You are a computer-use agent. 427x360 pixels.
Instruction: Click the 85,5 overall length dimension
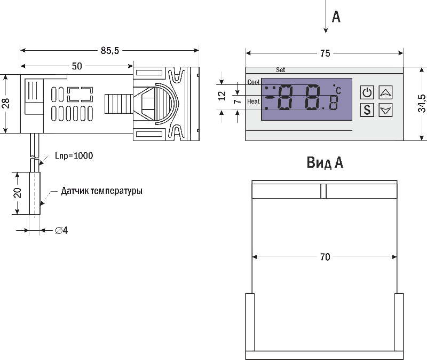[109, 51]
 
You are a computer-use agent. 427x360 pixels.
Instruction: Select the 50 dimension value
[77, 66]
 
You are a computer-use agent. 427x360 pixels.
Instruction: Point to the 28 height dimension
[6, 103]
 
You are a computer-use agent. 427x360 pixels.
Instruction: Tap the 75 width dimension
[325, 53]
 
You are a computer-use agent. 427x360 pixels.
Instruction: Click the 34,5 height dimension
[421, 104]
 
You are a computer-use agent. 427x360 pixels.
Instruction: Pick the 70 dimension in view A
[325, 257]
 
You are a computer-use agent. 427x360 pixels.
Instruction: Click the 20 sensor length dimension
[18, 193]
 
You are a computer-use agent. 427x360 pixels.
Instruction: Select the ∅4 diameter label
[61, 231]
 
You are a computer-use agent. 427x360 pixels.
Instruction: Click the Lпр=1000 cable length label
[74, 156]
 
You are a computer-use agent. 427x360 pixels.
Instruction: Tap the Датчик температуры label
[101, 191]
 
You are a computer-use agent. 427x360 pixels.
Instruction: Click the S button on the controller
[367, 111]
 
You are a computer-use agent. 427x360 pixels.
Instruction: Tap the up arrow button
[385, 92]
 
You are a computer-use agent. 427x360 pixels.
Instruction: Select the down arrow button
[385, 111]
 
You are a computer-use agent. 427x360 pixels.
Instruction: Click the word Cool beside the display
[254, 82]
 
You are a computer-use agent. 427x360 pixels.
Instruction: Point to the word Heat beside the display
[254, 101]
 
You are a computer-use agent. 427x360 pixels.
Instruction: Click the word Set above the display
[281, 70]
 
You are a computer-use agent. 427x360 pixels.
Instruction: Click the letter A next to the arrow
[336, 17]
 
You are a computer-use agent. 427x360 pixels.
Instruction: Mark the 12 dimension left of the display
[223, 96]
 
